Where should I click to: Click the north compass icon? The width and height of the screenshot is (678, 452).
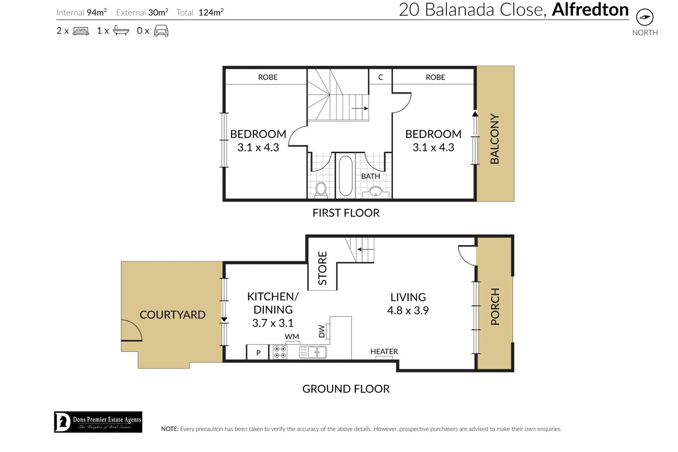(645, 18)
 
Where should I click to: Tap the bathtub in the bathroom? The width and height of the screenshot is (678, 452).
(345, 176)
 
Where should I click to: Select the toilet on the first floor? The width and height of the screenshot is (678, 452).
(321, 189)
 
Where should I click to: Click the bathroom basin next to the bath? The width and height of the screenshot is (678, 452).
(375, 192)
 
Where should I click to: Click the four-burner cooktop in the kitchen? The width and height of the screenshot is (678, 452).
(280, 352)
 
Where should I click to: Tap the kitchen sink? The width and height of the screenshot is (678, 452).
(313, 352)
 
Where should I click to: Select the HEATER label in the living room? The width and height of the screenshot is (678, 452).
(384, 352)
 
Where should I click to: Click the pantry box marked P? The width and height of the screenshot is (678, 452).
(258, 352)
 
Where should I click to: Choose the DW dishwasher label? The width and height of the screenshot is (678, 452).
(321, 331)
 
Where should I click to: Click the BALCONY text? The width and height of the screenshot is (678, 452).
(495, 139)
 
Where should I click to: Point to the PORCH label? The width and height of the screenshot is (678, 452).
(495, 306)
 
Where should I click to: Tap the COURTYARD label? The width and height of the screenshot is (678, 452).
(172, 315)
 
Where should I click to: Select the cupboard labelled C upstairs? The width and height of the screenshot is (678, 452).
(380, 77)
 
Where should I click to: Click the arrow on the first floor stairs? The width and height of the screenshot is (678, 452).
(360, 108)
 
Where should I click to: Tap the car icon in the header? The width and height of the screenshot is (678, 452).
(161, 31)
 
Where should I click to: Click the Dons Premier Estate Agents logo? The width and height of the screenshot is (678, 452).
(98, 422)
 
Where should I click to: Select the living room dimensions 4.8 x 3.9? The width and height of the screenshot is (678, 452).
(408, 311)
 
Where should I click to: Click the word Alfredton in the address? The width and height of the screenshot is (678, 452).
(590, 10)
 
